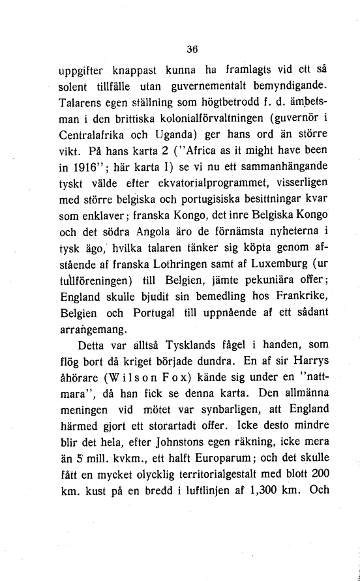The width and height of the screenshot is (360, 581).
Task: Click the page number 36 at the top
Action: tap(191, 48)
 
